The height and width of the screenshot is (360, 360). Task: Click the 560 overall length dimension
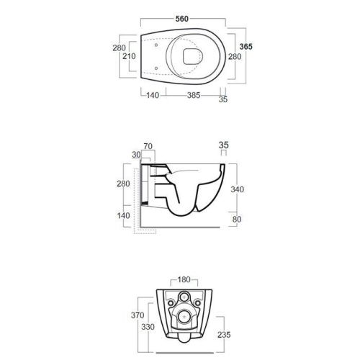(182, 19)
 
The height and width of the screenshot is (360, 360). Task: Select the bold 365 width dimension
(246, 47)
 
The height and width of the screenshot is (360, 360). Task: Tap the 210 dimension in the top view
(129, 56)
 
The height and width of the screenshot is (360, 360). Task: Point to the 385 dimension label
(194, 95)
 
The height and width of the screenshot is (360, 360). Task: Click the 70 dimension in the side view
(148, 146)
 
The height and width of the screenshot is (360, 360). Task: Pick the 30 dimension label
(136, 155)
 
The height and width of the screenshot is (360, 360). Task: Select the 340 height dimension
(238, 189)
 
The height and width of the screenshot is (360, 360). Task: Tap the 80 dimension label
(237, 219)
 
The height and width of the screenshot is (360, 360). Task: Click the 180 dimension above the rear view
(184, 279)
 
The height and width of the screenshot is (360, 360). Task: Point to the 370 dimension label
(138, 315)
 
